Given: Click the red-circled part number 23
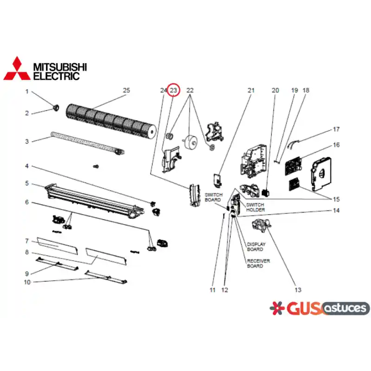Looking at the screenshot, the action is click(x=173, y=90).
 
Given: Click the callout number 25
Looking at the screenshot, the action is click(x=127, y=90).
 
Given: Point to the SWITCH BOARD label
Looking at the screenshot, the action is click(x=214, y=198).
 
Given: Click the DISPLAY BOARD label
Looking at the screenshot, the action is click(x=256, y=247).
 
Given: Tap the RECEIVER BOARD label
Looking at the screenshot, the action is click(x=258, y=263).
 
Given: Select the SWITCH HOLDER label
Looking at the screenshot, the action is click(x=256, y=207).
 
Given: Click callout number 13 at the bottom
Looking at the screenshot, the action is click(x=298, y=290).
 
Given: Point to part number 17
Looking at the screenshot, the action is click(x=336, y=129).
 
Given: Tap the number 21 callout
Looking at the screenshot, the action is click(x=251, y=90).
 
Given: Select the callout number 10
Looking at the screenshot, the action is click(x=27, y=282).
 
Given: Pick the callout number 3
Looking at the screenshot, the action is click(x=27, y=141).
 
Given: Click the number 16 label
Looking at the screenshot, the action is click(x=336, y=145).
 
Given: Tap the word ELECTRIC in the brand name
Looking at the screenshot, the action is click(x=56, y=76).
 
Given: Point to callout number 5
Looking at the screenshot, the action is click(x=27, y=183).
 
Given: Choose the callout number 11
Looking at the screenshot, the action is click(x=212, y=290).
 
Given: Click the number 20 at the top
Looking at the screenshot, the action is click(x=275, y=90).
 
